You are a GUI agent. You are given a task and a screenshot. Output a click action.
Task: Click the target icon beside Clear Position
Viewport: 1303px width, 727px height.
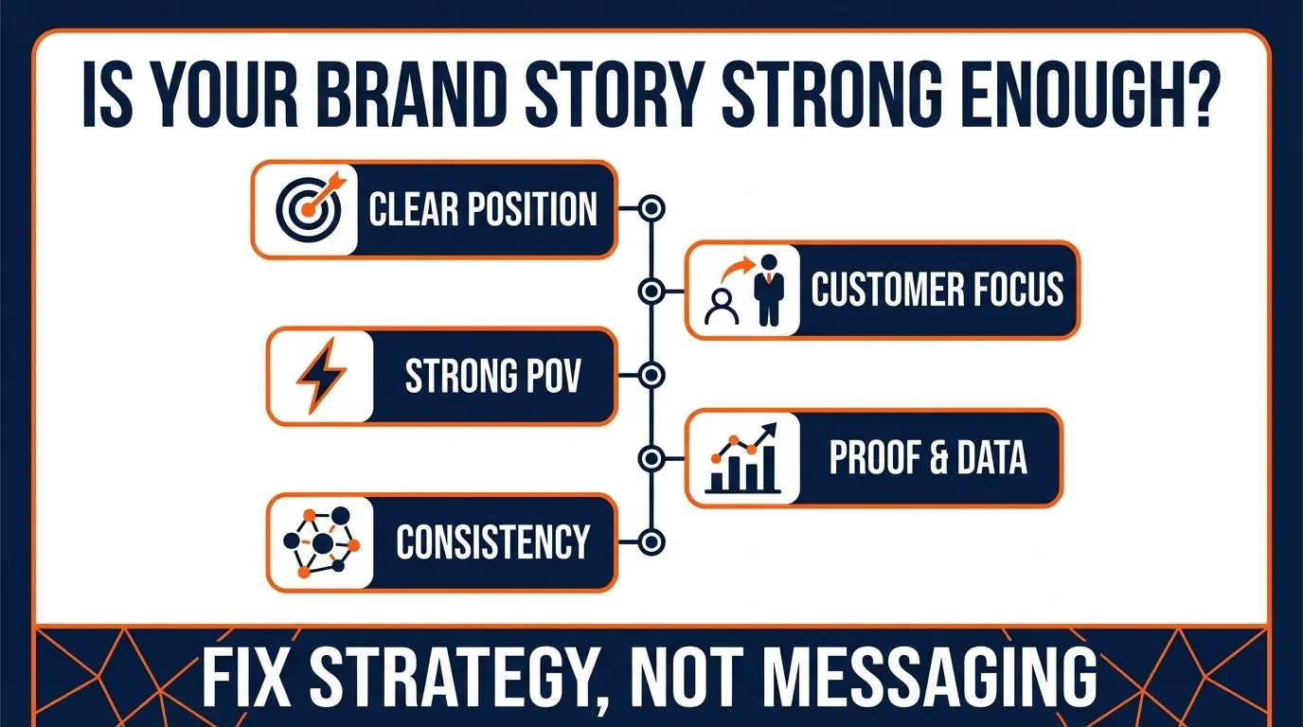(306, 209)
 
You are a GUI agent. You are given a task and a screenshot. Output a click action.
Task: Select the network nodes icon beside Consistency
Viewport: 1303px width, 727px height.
(322, 542)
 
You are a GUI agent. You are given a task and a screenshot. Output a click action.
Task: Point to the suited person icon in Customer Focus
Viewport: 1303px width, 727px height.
(768, 290)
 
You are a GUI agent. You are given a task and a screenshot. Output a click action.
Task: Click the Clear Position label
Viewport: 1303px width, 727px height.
(483, 209)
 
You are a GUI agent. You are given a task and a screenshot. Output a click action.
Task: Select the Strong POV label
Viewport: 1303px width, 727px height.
(492, 376)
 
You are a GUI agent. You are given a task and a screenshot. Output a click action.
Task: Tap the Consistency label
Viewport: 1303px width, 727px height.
(492, 542)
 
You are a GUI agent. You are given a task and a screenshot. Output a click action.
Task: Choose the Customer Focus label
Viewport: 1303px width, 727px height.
(937, 290)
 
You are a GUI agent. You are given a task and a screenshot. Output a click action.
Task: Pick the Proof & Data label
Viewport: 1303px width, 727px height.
(928, 458)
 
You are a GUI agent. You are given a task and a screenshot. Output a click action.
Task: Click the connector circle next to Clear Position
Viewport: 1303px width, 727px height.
(651, 209)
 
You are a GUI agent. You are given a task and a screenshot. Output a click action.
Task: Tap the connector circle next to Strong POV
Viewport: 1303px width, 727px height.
(651, 376)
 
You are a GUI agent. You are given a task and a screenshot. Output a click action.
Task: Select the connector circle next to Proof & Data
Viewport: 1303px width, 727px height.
(651, 459)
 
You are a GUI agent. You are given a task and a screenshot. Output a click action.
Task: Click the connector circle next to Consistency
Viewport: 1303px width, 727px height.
(651, 542)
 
